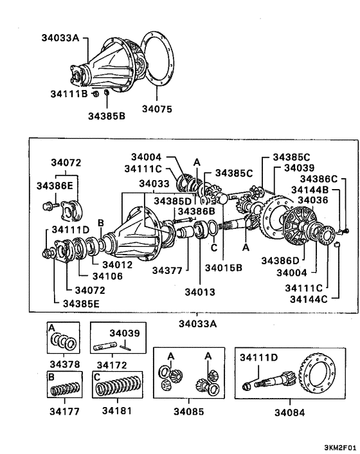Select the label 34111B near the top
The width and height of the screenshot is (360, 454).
[x=69, y=95]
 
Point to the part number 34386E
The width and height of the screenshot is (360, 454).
[x=55, y=185]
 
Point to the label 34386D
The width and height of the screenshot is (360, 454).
[x=281, y=260]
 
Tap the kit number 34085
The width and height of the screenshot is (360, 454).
[x=189, y=410]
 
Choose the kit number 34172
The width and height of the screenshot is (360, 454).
[x=116, y=363]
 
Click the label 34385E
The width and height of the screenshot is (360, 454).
[x=81, y=303]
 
